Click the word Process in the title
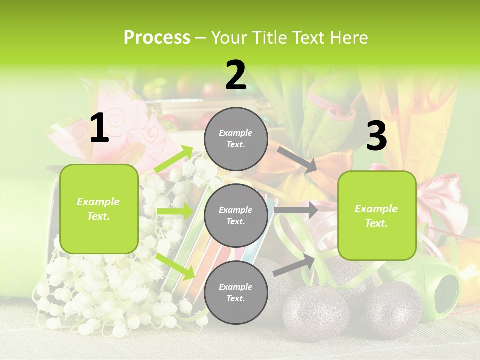(x=157, y=38)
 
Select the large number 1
(x=99, y=129)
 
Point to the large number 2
(x=236, y=75)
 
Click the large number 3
(x=376, y=136)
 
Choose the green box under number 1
(x=99, y=209)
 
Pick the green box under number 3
(x=377, y=215)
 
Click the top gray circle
(x=236, y=139)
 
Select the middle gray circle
(x=236, y=215)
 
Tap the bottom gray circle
(x=236, y=292)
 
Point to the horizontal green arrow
(x=175, y=211)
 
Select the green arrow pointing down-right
(x=175, y=266)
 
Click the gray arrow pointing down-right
(x=297, y=160)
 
